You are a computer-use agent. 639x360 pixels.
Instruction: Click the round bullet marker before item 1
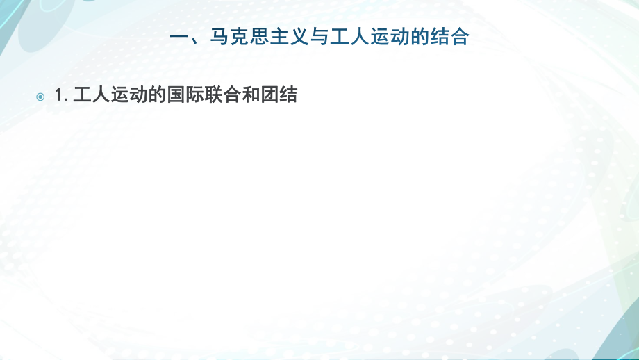click(40, 97)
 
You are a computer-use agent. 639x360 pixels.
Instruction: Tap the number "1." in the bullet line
click(60, 96)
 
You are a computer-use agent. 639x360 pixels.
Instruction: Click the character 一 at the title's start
click(179, 37)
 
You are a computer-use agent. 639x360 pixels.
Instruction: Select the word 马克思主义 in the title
click(256, 37)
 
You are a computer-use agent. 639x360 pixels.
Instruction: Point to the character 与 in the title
click(316, 37)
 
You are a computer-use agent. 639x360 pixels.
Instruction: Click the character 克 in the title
click(237, 37)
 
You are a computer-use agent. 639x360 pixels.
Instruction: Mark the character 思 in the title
click(256, 37)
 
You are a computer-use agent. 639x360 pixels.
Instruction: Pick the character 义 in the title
click(296, 37)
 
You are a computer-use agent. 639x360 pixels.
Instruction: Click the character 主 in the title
click(276, 37)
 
